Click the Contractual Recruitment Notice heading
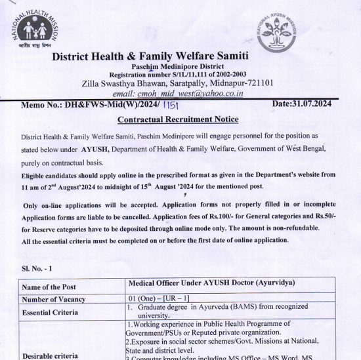177,119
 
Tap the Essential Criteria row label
53,313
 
